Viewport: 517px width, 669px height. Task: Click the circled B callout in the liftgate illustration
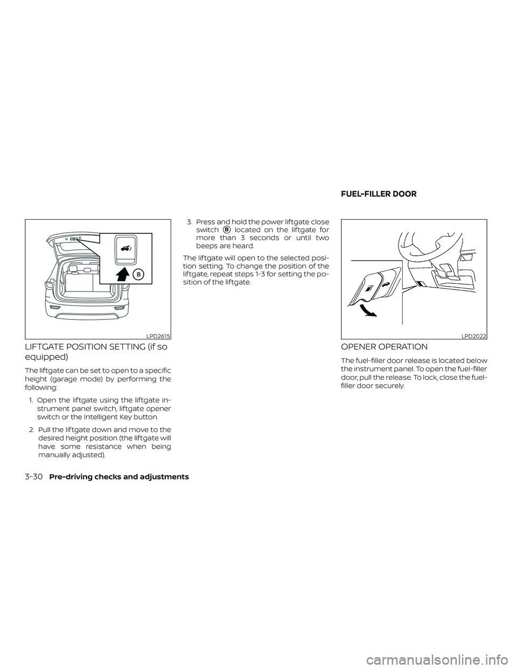[x=138, y=274]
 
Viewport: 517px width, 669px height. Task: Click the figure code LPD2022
[x=474, y=336]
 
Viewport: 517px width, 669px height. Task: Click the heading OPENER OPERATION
[x=385, y=347]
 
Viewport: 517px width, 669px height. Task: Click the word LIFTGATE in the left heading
[x=46, y=347]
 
